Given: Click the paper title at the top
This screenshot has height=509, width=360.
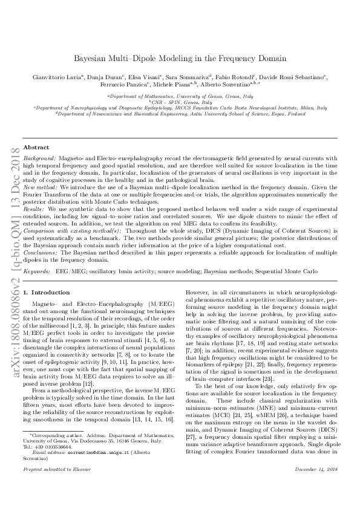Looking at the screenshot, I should (x=180, y=59).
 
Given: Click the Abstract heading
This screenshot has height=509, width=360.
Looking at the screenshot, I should (x=36, y=147).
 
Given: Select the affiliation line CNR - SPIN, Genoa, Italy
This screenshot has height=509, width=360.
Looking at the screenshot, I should (x=179, y=102).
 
